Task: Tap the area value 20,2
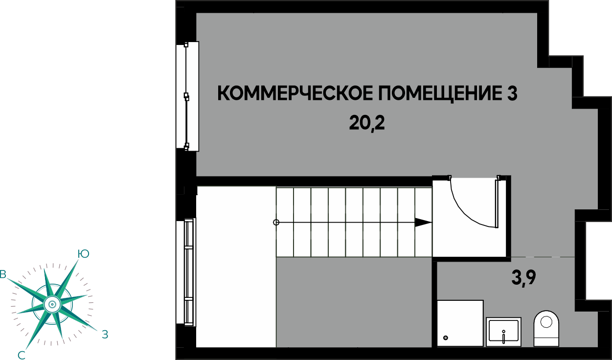tap(367, 123)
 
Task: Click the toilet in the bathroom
tap(546, 328)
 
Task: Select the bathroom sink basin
tap(503, 332)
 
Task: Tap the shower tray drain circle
tap(446, 338)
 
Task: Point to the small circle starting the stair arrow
tap(276, 223)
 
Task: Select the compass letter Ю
tap(83, 254)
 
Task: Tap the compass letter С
tap(22, 356)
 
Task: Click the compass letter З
tap(105, 335)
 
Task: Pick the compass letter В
tap(3, 274)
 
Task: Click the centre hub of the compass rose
tap(52, 304)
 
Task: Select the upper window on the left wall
tap(187, 96)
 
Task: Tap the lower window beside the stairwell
tap(186, 272)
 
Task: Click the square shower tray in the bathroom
tap(460, 323)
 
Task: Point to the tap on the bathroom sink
tap(503, 337)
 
